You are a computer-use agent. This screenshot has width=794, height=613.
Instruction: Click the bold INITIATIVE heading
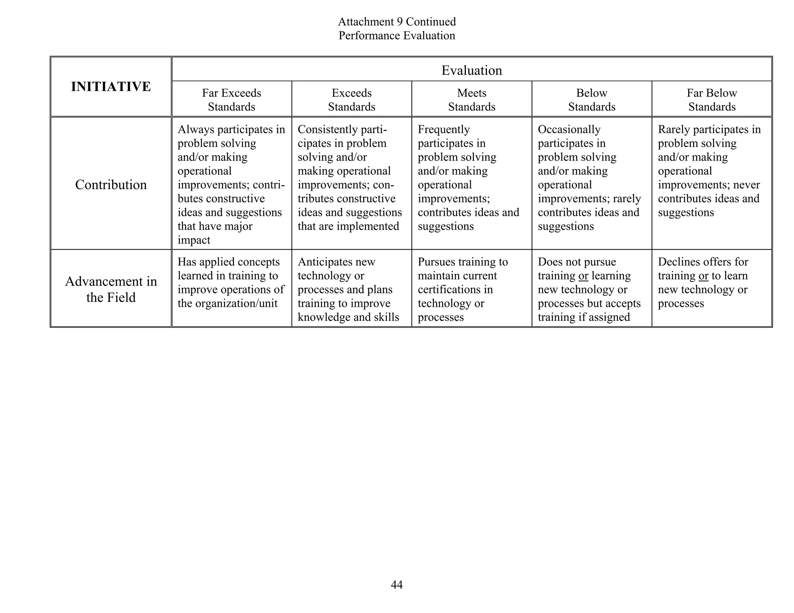click(111, 86)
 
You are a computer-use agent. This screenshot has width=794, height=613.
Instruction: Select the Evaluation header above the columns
click(471, 70)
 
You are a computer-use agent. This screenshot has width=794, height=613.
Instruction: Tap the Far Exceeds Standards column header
click(231, 100)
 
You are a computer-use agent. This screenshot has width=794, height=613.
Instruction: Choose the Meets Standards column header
click(471, 100)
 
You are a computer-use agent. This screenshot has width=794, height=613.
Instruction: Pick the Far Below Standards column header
click(711, 100)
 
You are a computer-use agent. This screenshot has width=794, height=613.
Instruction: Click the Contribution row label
click(111, 184)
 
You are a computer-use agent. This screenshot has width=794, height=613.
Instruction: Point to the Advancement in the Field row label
click(111, 289)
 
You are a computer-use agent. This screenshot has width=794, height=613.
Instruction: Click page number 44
click(397, 584)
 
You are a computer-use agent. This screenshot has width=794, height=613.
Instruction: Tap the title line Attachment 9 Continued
click(397, 22)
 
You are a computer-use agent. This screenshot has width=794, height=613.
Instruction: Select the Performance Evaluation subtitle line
click(397, 36)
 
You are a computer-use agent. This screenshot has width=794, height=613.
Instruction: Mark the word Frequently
click(444, 129)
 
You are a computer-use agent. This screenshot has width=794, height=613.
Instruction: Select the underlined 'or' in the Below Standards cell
click(583, 276)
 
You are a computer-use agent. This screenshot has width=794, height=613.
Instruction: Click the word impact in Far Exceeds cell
click(194, 240)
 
